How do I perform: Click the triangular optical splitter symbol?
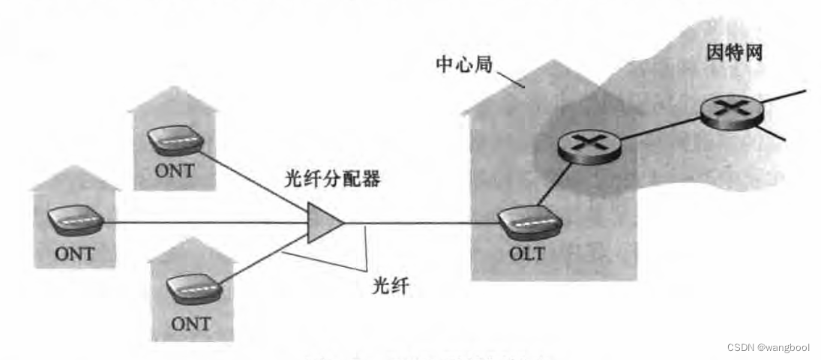(324, 223)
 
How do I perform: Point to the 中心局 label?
(463, 64)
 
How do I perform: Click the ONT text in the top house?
(174, 171)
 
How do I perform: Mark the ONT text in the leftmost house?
(75, 253)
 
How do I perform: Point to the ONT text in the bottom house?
(190, 324)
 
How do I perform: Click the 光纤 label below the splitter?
(391, 285)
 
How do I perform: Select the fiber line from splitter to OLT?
(420, 223)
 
